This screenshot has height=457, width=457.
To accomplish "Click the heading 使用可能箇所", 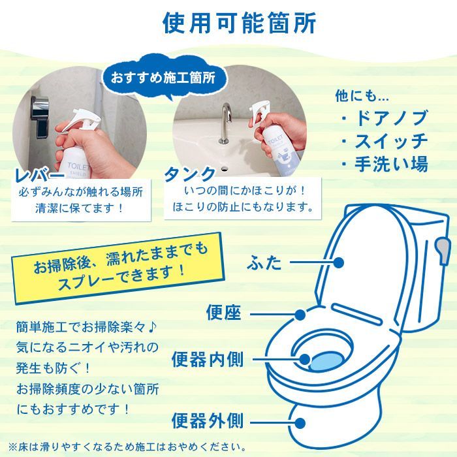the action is (x=239, y=23).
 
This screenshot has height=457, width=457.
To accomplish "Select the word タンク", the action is (x=190, y=174).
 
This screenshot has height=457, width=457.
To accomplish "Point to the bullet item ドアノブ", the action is (x=385, y=118).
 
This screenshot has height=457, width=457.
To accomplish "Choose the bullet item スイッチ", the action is (x=385, y=140).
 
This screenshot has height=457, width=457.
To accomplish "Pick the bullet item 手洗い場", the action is (x=385, y=163).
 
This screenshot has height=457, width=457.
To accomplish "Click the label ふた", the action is (x=264, y=262).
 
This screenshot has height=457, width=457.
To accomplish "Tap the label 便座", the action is (x=224, y=313).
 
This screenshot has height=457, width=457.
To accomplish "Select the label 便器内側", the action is (x=208, y=359).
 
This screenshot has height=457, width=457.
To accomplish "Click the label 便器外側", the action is (x=208, y=420).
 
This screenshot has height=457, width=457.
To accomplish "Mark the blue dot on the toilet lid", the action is (x=338, y=262).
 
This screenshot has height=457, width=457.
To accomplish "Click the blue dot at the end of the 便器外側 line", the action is (x=300, y=423).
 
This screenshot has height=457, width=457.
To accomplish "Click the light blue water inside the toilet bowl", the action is (x=326, y=361).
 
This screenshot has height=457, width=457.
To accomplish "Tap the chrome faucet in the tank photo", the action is (x=225, y=123).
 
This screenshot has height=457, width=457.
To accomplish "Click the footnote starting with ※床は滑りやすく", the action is (x=127, y=447).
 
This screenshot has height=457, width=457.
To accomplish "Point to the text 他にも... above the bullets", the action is (x=362, y=96).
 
